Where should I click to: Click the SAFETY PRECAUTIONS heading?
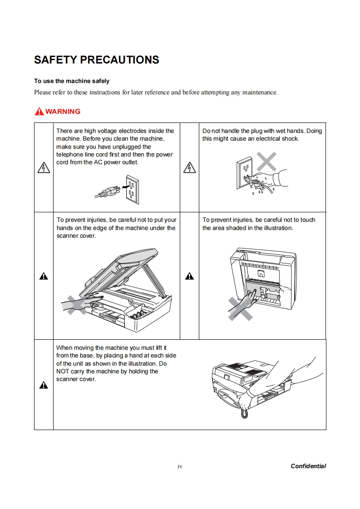click(x=97, y=60)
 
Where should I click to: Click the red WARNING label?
click(x=63, y=112)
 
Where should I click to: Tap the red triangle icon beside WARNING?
click(x=39, y=112)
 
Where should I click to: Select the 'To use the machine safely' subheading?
click(x=72, y=81)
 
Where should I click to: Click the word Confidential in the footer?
click(x=308, y=466)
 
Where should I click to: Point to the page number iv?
click(x=180, y=466)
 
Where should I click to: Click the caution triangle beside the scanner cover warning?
click(x=44, y=276)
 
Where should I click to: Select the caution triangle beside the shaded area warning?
click(x=189, y=276)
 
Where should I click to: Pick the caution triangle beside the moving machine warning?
click(x=44, y=385)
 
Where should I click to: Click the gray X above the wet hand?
click(x=266, y=162)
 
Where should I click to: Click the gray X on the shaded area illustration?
click(x=240, y=308)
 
